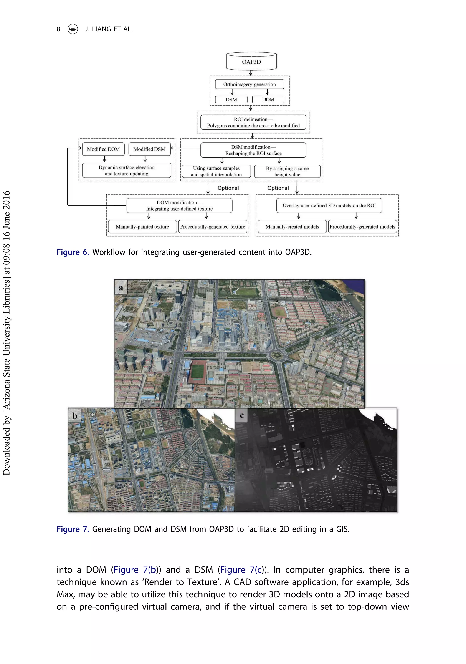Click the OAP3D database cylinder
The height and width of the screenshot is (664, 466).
click(251, 61)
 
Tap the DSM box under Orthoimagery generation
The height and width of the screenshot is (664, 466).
click(231, 99)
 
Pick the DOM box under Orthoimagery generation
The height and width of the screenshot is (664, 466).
click(268, 99)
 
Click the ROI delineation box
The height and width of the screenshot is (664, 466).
click(253, 122)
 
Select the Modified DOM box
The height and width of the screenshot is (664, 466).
click(103, 149)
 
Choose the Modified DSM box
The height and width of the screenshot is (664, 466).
click(149, 149)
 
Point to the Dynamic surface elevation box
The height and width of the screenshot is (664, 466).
click(127, 170)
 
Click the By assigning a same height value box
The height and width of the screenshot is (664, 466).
click(287, 171)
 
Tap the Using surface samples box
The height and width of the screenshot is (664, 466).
click(216, 171)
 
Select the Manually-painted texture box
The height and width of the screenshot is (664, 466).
click(142, 227)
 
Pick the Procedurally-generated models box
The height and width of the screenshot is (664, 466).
click(362, 227)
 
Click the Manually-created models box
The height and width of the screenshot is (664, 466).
click(292, 227)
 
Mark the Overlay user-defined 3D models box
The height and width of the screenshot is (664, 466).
click(329, 205)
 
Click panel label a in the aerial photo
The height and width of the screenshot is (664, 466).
click(121, 287)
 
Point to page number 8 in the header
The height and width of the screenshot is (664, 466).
click(58, 29)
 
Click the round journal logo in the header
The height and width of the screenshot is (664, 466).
click(73, 29)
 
